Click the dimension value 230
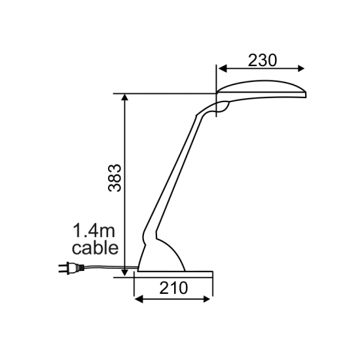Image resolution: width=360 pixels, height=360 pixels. pos(262,60)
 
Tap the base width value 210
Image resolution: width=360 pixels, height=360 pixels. pos(173,287)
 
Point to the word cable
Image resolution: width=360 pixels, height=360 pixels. pos(95,248)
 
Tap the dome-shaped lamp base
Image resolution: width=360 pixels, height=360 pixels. pos(164,255)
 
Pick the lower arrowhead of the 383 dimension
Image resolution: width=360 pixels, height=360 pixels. pos(124,272)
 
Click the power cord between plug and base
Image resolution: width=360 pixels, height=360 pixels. pos(105,266)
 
